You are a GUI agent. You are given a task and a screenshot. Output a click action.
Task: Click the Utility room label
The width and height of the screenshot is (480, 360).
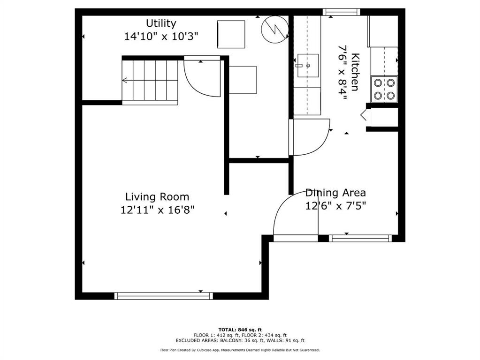pos(161,23)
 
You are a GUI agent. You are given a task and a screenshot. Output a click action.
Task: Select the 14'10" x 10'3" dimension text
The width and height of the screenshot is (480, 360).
pos(161,37)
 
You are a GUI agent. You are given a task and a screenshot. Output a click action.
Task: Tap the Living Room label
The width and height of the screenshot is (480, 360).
pos(157,197)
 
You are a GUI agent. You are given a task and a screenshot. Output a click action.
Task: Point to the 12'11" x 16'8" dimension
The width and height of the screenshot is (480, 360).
pos(157,210)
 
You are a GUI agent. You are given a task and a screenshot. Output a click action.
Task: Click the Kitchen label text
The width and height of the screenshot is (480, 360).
pos(355,72)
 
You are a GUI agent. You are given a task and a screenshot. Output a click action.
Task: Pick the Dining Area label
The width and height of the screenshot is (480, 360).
pos(335,193)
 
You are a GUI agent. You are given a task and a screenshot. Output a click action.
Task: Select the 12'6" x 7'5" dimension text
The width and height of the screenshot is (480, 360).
pos(335,206)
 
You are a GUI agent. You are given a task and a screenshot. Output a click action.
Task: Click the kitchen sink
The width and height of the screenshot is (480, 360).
pos(308,66)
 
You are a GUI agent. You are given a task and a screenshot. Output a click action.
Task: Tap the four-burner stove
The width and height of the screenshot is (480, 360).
pos(384,89)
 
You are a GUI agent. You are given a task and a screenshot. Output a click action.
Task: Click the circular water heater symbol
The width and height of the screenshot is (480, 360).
pos(274,29)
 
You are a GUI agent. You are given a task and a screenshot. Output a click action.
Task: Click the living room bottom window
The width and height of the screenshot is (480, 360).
pos(163,296)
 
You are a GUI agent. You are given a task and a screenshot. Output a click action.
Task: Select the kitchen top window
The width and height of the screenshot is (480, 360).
pos(341,12)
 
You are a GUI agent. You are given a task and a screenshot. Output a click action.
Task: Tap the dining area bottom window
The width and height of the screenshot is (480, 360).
pos(360,238)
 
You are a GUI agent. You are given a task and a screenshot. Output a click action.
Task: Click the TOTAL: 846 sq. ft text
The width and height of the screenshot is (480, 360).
pos(240,330)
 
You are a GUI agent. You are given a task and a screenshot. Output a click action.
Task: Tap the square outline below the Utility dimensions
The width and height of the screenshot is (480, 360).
pos(231,34)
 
